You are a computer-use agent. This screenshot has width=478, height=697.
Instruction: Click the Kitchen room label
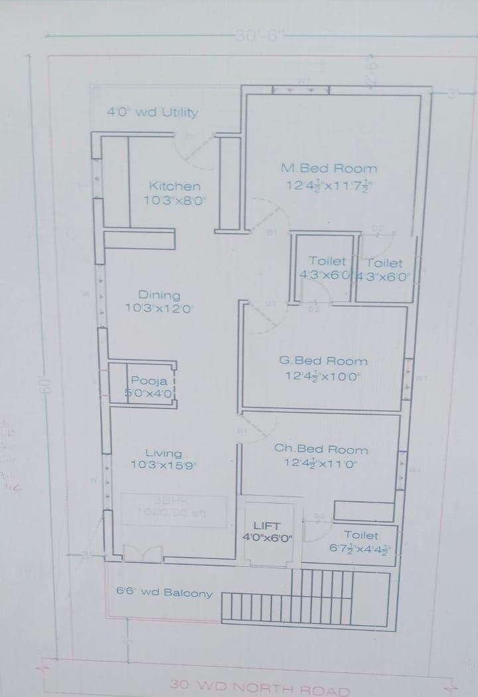coord(175,187)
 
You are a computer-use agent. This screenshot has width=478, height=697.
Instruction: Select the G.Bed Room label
coord(323,361)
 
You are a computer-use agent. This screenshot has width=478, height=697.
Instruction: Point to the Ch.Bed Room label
coord(321,449)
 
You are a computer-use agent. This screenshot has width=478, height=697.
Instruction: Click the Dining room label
coord(159,295)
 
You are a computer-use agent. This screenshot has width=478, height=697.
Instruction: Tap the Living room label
coord(163,453)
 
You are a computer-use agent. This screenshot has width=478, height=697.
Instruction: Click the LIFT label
coord(267,526)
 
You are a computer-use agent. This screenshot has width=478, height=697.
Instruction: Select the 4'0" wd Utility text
coord(153,112)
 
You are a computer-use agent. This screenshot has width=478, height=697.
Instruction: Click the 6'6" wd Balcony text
coord(164,592)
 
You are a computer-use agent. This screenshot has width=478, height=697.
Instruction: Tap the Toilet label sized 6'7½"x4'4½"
coord(361,534)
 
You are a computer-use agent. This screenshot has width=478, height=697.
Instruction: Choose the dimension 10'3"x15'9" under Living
coord(163,465)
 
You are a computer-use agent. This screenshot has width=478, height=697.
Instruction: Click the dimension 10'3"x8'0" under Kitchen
coord(175,199)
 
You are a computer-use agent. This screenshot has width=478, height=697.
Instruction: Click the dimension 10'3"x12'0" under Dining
coord(159,308)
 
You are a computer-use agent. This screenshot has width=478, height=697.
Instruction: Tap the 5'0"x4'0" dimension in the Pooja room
coord(149,393)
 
